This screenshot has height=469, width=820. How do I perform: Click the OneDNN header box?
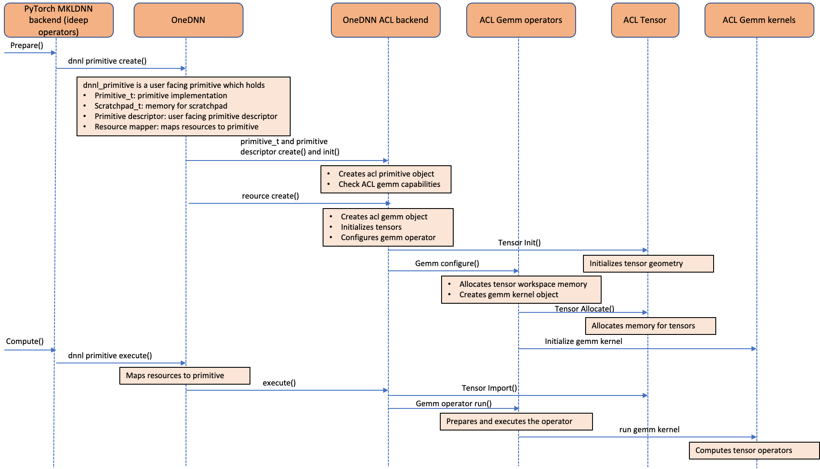(x=188, y=20)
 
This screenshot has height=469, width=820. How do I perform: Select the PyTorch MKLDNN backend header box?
(x=58, y=20)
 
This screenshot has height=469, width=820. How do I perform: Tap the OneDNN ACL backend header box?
(x=385, y=20)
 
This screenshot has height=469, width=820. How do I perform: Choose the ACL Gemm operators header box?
(x=521, y=20)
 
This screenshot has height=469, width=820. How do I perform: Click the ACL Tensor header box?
(x=645, y=20)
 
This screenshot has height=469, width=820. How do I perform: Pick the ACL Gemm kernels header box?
(x=759, y=20)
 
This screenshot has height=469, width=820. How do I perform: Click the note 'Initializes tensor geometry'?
(x=636, y=263)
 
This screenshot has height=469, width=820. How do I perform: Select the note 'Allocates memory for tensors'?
(x=643, y=326)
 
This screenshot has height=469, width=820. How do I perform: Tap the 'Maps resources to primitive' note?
(x=175, y=376)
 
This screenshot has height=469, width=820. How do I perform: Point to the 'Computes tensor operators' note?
(x=743, y=450)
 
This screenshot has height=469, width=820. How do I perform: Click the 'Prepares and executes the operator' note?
(x=509, y=421)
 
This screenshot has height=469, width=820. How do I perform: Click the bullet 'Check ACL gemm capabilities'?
(x=389, y=184)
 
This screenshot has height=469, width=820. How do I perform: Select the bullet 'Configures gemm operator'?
(x=388, y=238)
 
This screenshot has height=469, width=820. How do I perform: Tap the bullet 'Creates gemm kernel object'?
(x=509, y=295)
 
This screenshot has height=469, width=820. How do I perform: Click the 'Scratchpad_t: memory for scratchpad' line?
(x=161, y=106)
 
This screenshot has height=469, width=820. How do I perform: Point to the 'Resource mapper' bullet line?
(x=176, y=127)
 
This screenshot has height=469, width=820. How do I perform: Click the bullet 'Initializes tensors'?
(x=371, y=227)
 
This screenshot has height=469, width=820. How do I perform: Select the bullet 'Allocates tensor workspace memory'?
(x=523, y=284)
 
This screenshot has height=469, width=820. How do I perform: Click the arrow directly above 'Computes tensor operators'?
(x=637, y=437)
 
